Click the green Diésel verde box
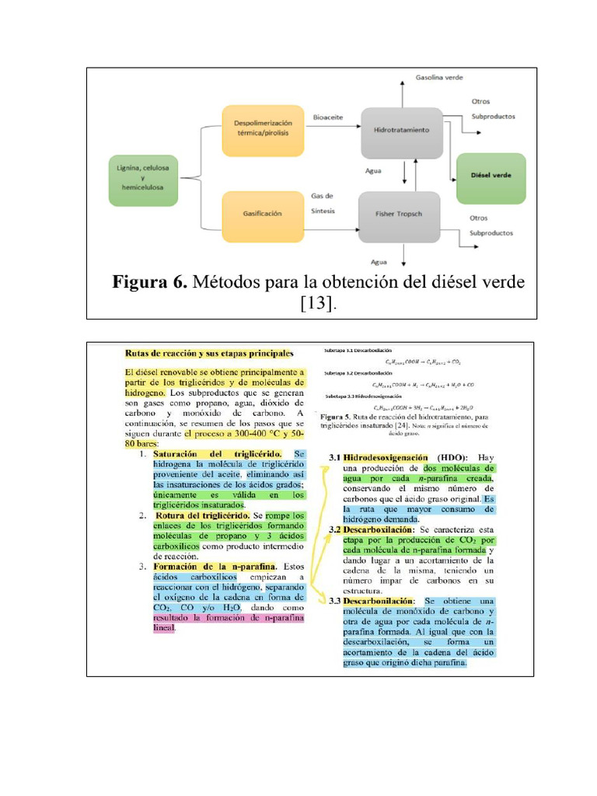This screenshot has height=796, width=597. [x=491, y=179]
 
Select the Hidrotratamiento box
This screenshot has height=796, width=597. [x=401, y=131]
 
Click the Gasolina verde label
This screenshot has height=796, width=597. [x=438, y=78]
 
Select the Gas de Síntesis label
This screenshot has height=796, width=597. [x=322, y=202]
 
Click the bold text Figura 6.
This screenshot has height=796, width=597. [x=149, y=281]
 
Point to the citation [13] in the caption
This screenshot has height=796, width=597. [x=319, y=303]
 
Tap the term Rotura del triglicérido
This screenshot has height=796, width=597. [x=202, y=515]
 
